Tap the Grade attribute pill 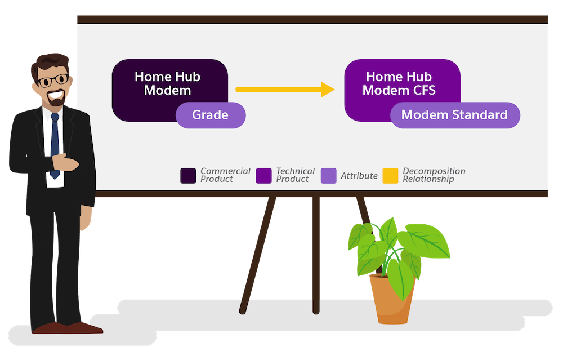pyautogui.click(x=211, y=115)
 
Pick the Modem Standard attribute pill pyautogui.click(x=455, y=115)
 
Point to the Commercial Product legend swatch pyautogui.click(x=188, y=176)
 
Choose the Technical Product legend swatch pyautogui.click(x=263, y=176)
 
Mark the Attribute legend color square pyautogui.click(x=329, y=176)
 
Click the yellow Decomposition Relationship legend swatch pyautogui.click(x=390, y=176)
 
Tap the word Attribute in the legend pyautogui.click(x=359, y=176)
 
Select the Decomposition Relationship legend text pyautogui.click(x=434, y=175)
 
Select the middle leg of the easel pyautogui.click(x=316, y=255)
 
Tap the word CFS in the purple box pyautogui.click(x=424, y=90)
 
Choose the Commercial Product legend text pyautogui.click(x=225, y=175)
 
